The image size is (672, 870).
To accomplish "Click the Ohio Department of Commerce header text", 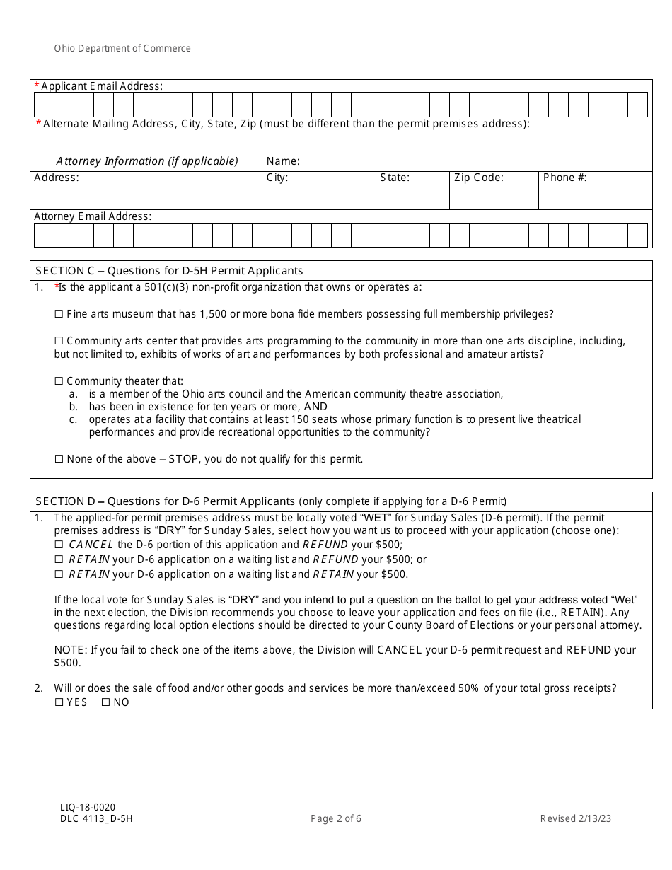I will pos(122,49).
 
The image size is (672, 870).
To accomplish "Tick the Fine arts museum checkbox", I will pos(59,314).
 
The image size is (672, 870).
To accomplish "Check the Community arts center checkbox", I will pos(59,341).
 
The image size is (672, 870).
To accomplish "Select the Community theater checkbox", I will pos(59,381).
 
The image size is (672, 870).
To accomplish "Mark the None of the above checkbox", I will pos(59,459).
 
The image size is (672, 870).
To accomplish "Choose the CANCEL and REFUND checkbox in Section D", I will pos(59,545).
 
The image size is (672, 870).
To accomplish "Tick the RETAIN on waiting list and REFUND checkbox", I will pos(59,559).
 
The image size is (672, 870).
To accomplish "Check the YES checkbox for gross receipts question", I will pos(59,702).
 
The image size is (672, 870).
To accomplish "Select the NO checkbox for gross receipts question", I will pos(105,702).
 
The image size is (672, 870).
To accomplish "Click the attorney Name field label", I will pos(283,161).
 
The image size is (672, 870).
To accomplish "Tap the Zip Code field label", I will pos(478,178).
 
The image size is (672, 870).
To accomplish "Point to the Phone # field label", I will pos(564,178).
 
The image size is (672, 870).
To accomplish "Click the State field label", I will pos(395,178).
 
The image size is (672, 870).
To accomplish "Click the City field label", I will pos(277,178).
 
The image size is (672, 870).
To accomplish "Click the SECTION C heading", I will pos(169,271).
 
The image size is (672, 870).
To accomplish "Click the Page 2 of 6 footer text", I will pos(336,819).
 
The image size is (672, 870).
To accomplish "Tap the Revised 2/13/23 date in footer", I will pos(575,819).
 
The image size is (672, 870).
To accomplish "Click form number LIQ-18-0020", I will pos(88,807).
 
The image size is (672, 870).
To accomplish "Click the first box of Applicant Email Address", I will pos(44,105).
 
